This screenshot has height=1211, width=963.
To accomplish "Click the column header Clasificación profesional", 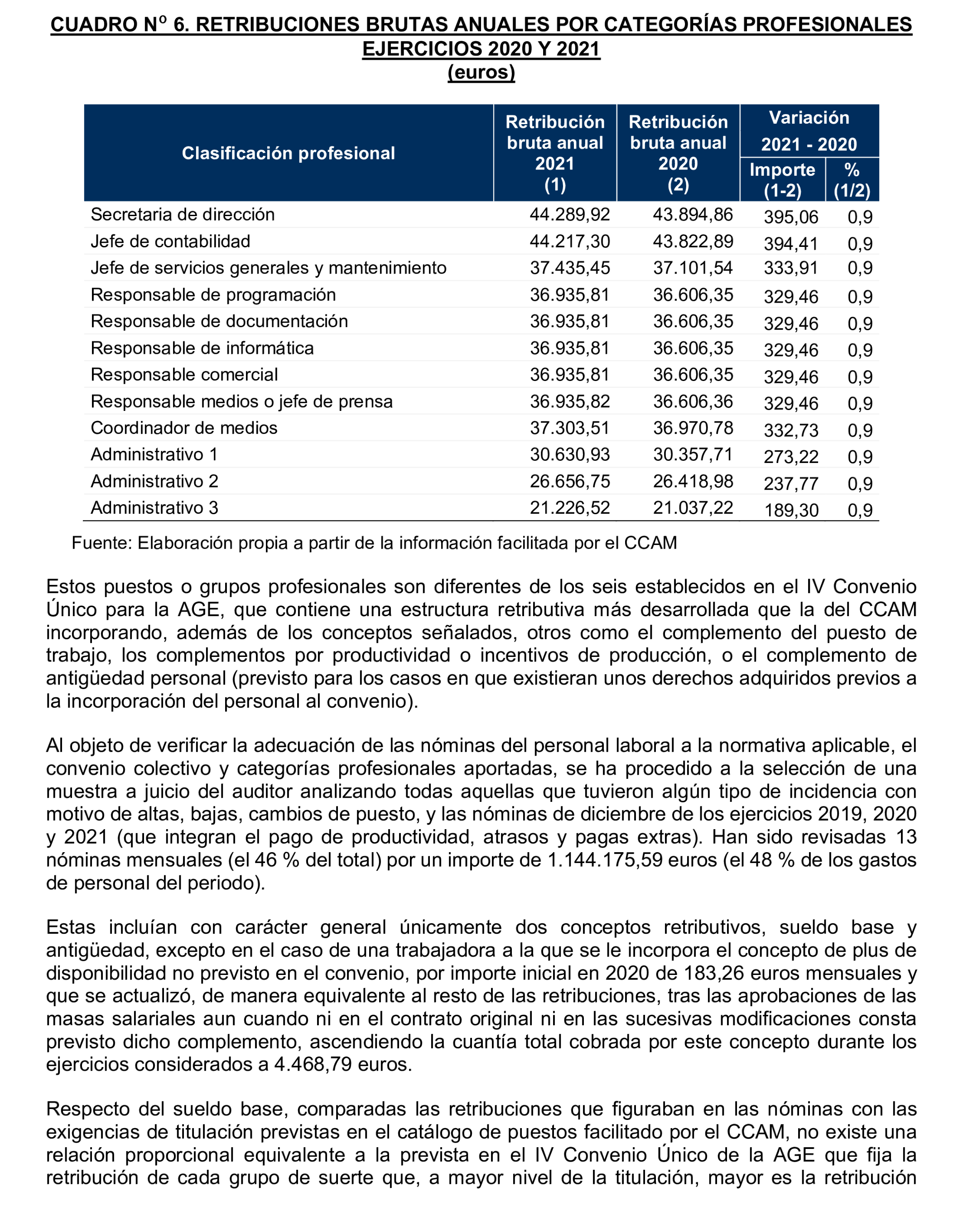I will (x=288, y=153).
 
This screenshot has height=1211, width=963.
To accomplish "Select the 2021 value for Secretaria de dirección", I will (x=569, y=215).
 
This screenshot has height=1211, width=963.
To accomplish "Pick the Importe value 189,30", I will (x=790, y=510).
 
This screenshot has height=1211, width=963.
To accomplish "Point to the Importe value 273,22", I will (x=790, y=457).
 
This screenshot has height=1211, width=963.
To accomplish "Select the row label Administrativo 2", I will (x=154, y=482).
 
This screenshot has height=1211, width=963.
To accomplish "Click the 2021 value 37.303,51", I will (x=569, y=428).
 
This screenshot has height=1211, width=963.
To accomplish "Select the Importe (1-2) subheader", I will (x=782, y=180).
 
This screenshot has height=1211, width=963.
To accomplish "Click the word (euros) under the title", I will (x=481, y=72).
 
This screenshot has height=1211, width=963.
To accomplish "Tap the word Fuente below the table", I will (x=101, y=543).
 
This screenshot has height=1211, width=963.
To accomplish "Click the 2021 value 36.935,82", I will (x=569, y=401).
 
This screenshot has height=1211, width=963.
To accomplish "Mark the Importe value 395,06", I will (x=790, y=217).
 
